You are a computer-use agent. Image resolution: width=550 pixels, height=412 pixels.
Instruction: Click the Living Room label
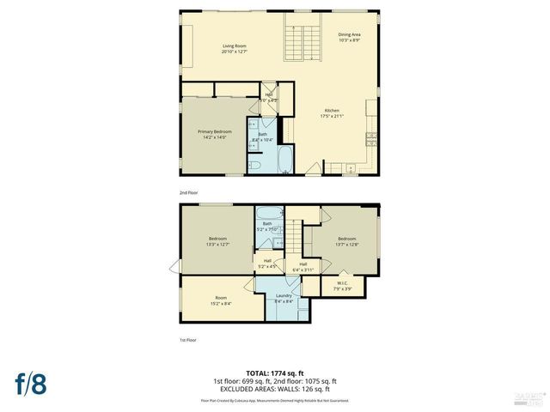coord(235,48)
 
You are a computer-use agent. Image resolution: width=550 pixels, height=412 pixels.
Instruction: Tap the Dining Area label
coord(338,37)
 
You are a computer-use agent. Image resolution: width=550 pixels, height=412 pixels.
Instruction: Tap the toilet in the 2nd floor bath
coord(255,163)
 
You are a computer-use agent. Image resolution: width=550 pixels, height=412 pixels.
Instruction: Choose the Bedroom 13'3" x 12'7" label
coord(217,241)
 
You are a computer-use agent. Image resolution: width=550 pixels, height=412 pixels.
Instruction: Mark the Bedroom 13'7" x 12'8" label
coord(346,241)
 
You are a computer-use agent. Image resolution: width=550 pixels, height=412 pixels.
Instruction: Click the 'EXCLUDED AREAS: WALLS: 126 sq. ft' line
coord(275,388)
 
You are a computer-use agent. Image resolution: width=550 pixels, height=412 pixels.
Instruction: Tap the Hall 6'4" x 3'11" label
coord(302,266)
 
